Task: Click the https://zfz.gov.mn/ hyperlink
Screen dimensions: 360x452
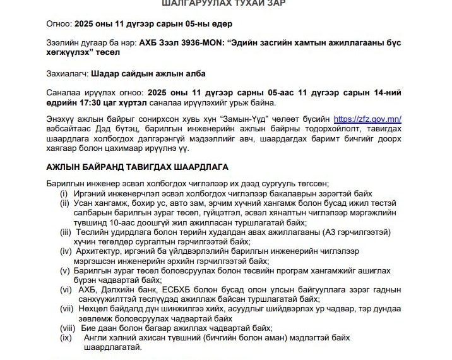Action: pyautogui.click(x=367, y=119)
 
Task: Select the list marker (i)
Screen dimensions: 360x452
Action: pyautogui.click(x=64, y=193)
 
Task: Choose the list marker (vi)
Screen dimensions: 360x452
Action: pyautogui.click(x=65, y=290)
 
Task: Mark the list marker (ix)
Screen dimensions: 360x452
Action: pyautogui.click(x=65, y=338)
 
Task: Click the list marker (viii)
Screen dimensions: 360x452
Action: pyautogui.click(x=66, y=328)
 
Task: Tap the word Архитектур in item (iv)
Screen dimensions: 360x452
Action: pyautogui.click(x=102, y=252)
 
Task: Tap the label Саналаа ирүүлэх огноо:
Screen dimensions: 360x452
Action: pyautogui.click(x=95, y=92)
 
